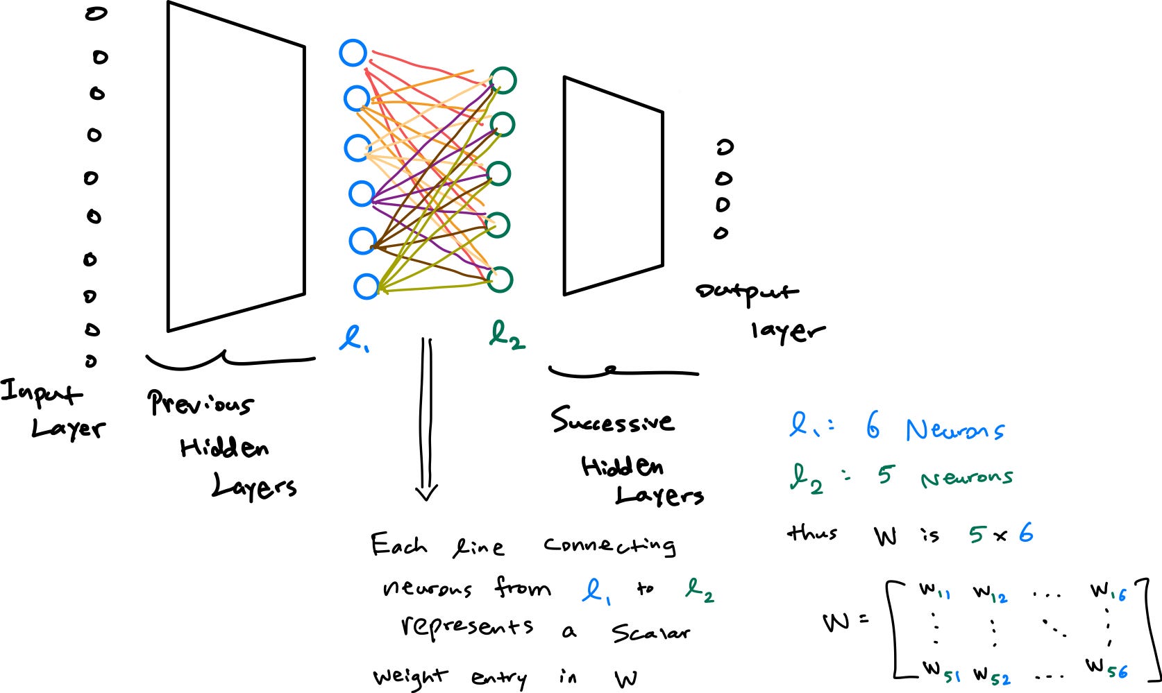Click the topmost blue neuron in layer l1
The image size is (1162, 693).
point(353,53)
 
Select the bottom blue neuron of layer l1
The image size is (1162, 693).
point(366,286)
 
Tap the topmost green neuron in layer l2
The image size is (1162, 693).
point(503,80)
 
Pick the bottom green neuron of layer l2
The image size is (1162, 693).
point(499,279)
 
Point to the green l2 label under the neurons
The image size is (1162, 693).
point(507,336)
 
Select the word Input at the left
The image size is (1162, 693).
point(40,392)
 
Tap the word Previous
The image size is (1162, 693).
point(200,403)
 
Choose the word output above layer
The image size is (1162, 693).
point(746,292)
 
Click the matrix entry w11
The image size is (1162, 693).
point(934,592)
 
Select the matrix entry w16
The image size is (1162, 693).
point(1108,590)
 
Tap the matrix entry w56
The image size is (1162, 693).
point(1106,668)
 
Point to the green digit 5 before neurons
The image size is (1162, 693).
point(884,475)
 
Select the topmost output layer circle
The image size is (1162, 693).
point(724,148)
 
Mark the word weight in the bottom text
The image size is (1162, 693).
point(410,676)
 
